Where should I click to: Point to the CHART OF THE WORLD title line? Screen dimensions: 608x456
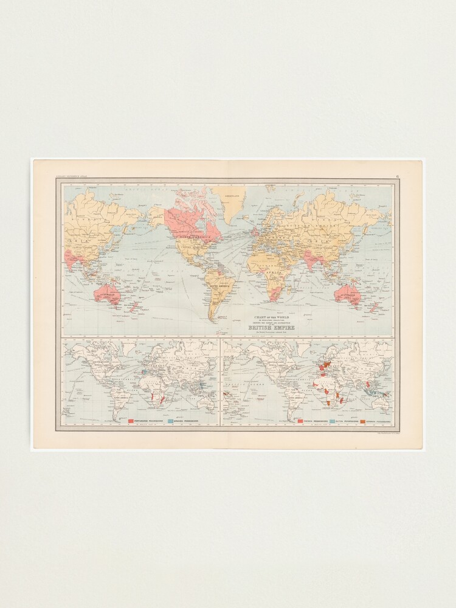[x=268, y=317]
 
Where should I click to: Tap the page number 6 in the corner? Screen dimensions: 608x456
[x=398, y=176]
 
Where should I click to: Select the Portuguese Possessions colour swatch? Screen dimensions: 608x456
[x=131, y=420]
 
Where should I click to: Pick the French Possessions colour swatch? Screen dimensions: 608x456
[x=300, y=420]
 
